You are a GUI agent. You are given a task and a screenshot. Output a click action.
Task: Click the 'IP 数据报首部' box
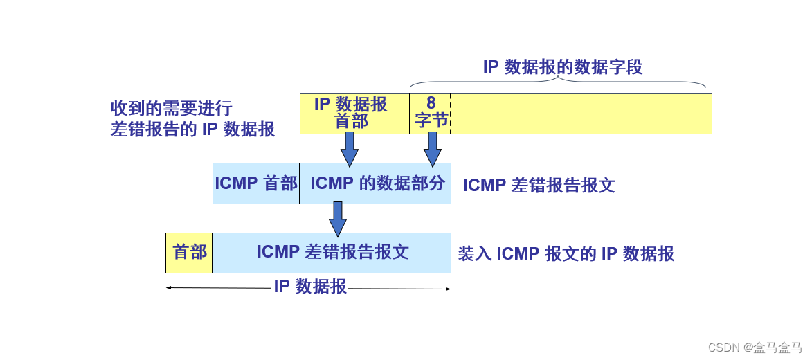[354, 113]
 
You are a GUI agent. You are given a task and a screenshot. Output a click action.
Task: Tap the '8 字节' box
[431, 113]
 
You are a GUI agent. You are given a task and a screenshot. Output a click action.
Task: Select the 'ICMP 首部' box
[256, 183]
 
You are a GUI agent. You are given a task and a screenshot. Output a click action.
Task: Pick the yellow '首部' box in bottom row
[189, 253]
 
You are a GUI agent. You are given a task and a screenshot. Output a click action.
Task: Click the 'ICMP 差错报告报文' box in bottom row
[332, 253]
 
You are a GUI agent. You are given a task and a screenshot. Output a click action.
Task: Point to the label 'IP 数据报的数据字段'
[563, 67]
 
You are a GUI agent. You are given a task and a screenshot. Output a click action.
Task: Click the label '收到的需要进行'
[171, 109]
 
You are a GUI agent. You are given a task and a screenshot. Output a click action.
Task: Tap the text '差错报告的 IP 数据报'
[192, 129]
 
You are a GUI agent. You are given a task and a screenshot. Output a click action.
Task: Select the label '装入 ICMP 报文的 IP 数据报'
[566, 254]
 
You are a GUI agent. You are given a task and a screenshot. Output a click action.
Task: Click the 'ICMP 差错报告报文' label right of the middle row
[539, 186]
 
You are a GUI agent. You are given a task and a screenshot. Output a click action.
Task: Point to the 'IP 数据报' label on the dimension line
[310, 287]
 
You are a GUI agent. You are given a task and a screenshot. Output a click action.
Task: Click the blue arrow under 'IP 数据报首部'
[350, 149]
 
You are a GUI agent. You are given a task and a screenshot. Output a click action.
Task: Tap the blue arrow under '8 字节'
[433, 149]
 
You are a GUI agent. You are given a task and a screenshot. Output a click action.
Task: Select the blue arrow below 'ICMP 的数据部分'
[338, 219]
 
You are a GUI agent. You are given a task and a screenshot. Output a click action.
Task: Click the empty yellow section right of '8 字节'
[581, 114]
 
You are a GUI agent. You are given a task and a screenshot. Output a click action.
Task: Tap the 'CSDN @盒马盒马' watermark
[755, 348]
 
